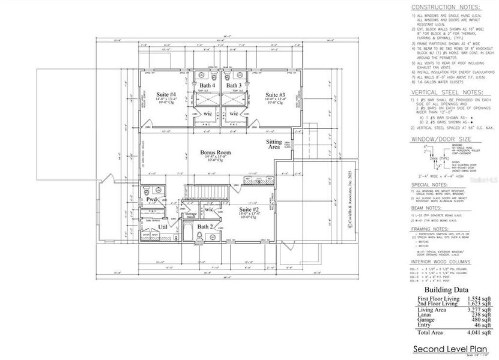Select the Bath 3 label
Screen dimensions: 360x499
click(x=234, y=86)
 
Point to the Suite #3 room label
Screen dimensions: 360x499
click(x=274, y=95)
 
